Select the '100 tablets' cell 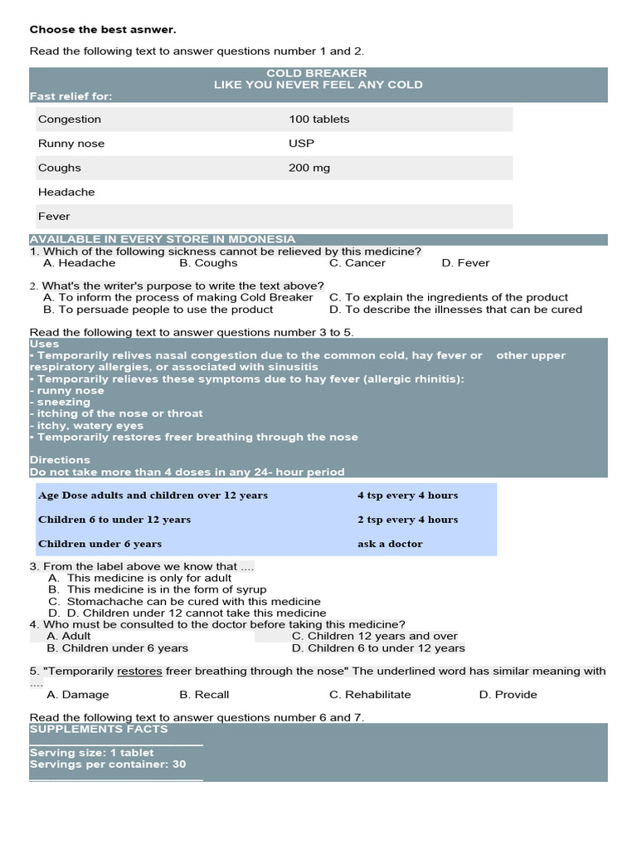[x=319, y=120]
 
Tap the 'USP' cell [x=302, y=144]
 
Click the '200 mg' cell [x=309, y=168]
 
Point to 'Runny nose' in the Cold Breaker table [x=71, y=144]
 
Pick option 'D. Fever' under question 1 [x=465, y=263]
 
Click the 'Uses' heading [x=44, y=344]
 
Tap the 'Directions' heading [x=60, y=460]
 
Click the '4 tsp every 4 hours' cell [x=407, y=496]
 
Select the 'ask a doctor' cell [x=390, y=545]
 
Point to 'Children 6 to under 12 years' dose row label [x=114, y=520]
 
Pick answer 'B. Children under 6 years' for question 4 [x=117, y=648]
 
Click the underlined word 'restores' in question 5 [x=139, y=671]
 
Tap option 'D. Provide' [x=508, y=695]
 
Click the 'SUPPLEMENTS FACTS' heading [x=98, y=729]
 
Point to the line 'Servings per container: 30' [x=108, y=765]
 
